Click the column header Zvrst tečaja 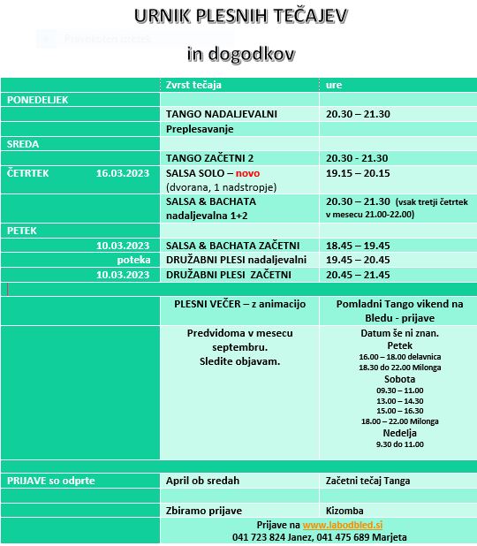(x=193, y=85)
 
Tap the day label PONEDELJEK (x=38, y=100)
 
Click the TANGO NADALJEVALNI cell (x=222, y=115)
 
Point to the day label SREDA (x=23, y=143)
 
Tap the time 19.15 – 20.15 (x=358, y=173)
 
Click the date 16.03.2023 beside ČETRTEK (x=123, y=173)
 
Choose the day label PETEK (x=22, y=231)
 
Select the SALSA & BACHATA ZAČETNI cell (x=233, y=246)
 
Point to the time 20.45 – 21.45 (x=358, y=275)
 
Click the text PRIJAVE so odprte (x=51, y=481)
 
